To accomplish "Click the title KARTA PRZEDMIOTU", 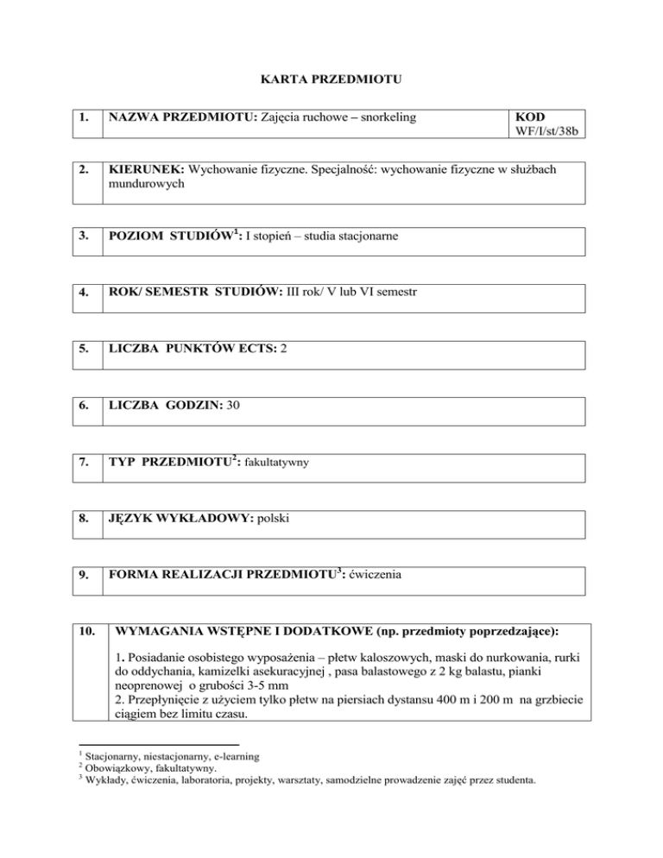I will pos(332,80).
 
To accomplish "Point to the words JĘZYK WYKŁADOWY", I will pos(177,522).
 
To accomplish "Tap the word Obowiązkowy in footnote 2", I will pos(110,769).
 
